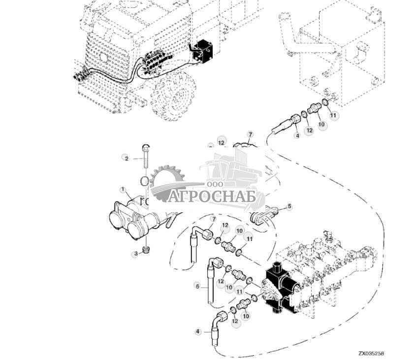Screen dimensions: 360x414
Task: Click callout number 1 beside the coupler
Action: coord(123,190)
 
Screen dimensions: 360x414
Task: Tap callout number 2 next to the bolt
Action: coord(126,158)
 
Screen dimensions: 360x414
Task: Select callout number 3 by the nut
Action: coord(136,254)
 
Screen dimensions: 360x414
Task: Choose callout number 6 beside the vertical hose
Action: coord(197,286)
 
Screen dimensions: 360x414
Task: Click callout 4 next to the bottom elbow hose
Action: coord(198,331)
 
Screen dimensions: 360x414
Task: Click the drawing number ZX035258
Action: coord(371,353)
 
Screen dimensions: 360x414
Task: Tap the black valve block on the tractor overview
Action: coord(203,51)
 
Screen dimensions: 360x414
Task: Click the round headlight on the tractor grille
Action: coord(104,57)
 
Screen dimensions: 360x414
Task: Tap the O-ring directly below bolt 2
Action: coord(145,181)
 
